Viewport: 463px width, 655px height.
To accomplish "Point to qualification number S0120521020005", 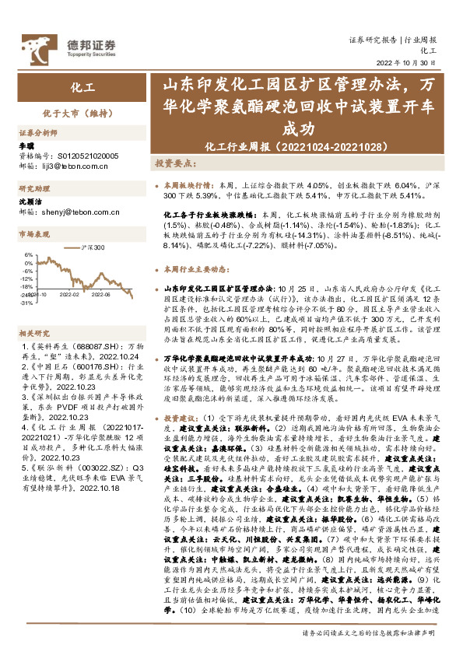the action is pos(78,156).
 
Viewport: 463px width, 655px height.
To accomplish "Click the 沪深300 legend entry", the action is pos(93,247).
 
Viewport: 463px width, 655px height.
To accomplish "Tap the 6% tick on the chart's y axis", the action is pos(27,254).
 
